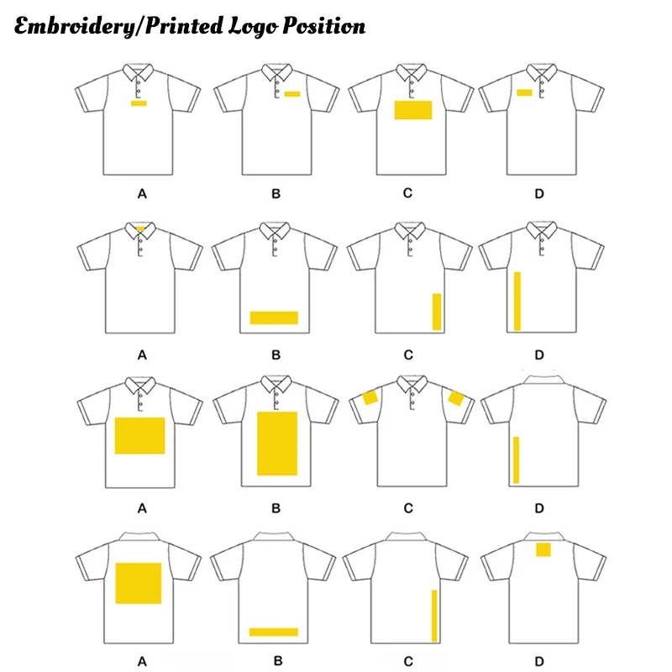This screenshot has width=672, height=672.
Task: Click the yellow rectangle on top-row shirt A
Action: point(139,102)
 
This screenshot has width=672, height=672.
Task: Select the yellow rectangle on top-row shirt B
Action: point(291,93)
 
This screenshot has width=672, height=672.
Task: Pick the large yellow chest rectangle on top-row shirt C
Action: point(412,109)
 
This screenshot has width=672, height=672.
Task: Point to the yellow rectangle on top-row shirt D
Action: point(524,92)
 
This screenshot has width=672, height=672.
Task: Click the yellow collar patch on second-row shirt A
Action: point(139,227)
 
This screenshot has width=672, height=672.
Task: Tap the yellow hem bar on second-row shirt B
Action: point(274,318)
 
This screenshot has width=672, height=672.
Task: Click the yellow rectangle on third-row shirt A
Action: point(139,435)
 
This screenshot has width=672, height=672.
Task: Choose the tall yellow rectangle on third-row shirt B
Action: point(277,444)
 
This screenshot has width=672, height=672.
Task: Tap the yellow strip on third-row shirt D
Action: point(516,460)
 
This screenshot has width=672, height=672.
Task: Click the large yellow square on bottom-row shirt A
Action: point(139,583)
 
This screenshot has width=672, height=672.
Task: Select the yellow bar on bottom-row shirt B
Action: point(274,632)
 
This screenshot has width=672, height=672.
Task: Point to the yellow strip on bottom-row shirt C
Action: point(434,616)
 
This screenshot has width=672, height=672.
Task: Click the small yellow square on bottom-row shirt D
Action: point(543,550)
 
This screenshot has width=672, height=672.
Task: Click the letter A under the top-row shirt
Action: point(142,194)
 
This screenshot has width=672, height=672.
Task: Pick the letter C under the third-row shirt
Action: point(407,507)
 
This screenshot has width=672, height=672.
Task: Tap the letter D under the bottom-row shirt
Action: point(539,659)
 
